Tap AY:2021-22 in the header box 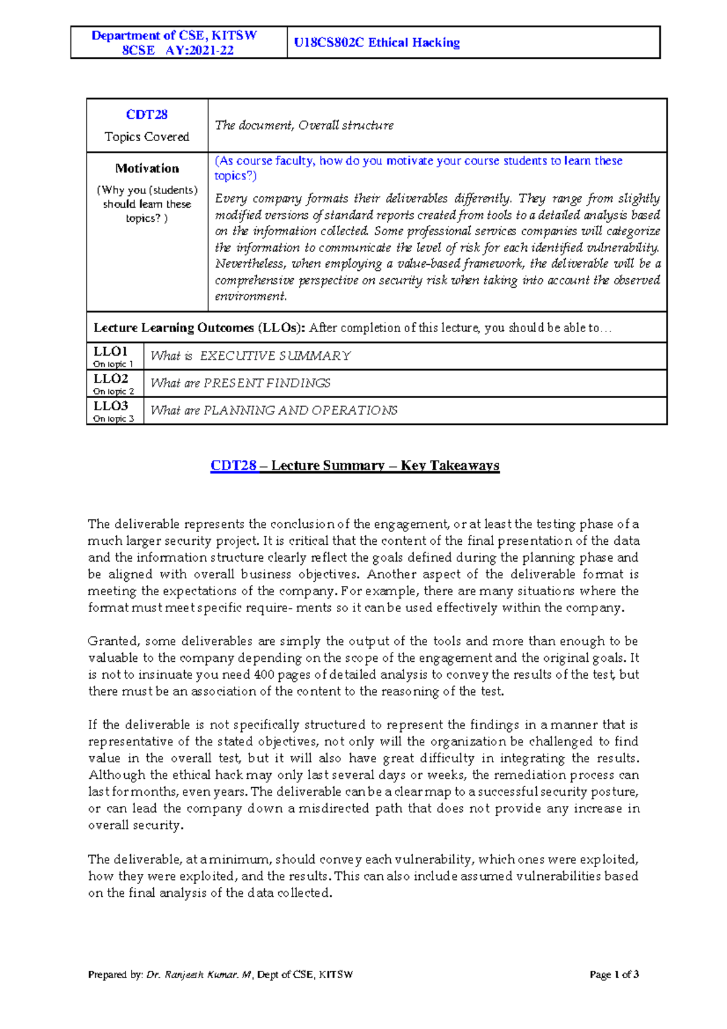click(x=199, y=50)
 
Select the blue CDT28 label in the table click(x=147, y=115)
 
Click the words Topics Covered click(x=147, y=137)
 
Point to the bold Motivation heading click(x=147, y=168)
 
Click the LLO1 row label click(x=110, y=351)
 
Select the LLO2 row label click(x=110, y=379)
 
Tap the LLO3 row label click(x=110, y=406)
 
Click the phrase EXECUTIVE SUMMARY click(x=275, y=356)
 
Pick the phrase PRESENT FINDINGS click(x=267, y=383)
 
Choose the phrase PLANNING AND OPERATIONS click(x=300, y=410)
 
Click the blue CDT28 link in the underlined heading click(x=233, y=465)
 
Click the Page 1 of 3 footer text click(x=614, y=974)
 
